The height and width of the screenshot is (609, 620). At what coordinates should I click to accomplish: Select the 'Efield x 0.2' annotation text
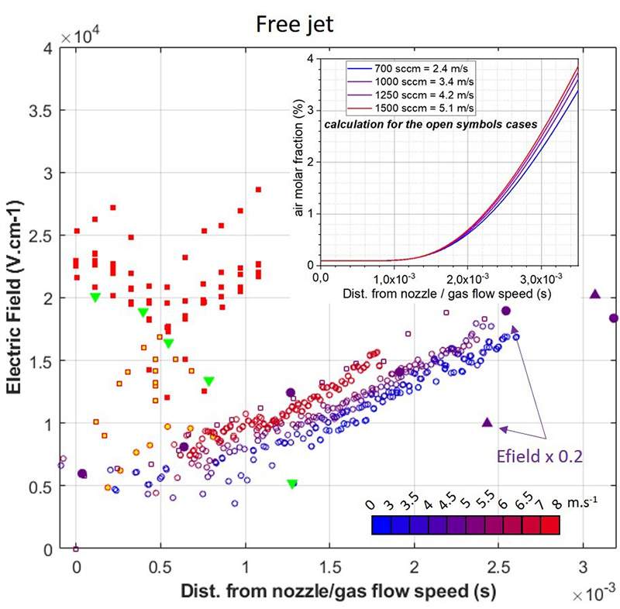pyautogui.click(x=540, y=457)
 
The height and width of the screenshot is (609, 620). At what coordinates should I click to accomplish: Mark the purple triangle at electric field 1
pyautogui.click(x=487, y=422)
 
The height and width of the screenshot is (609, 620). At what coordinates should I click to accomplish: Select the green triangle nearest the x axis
pyautogui.click(x=292, y=484)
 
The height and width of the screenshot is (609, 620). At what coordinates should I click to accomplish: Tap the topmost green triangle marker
pyautogui.click(x=95, y=298)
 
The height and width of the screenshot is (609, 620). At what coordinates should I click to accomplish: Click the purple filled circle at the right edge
pyautogui.click(x=614, y=318)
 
